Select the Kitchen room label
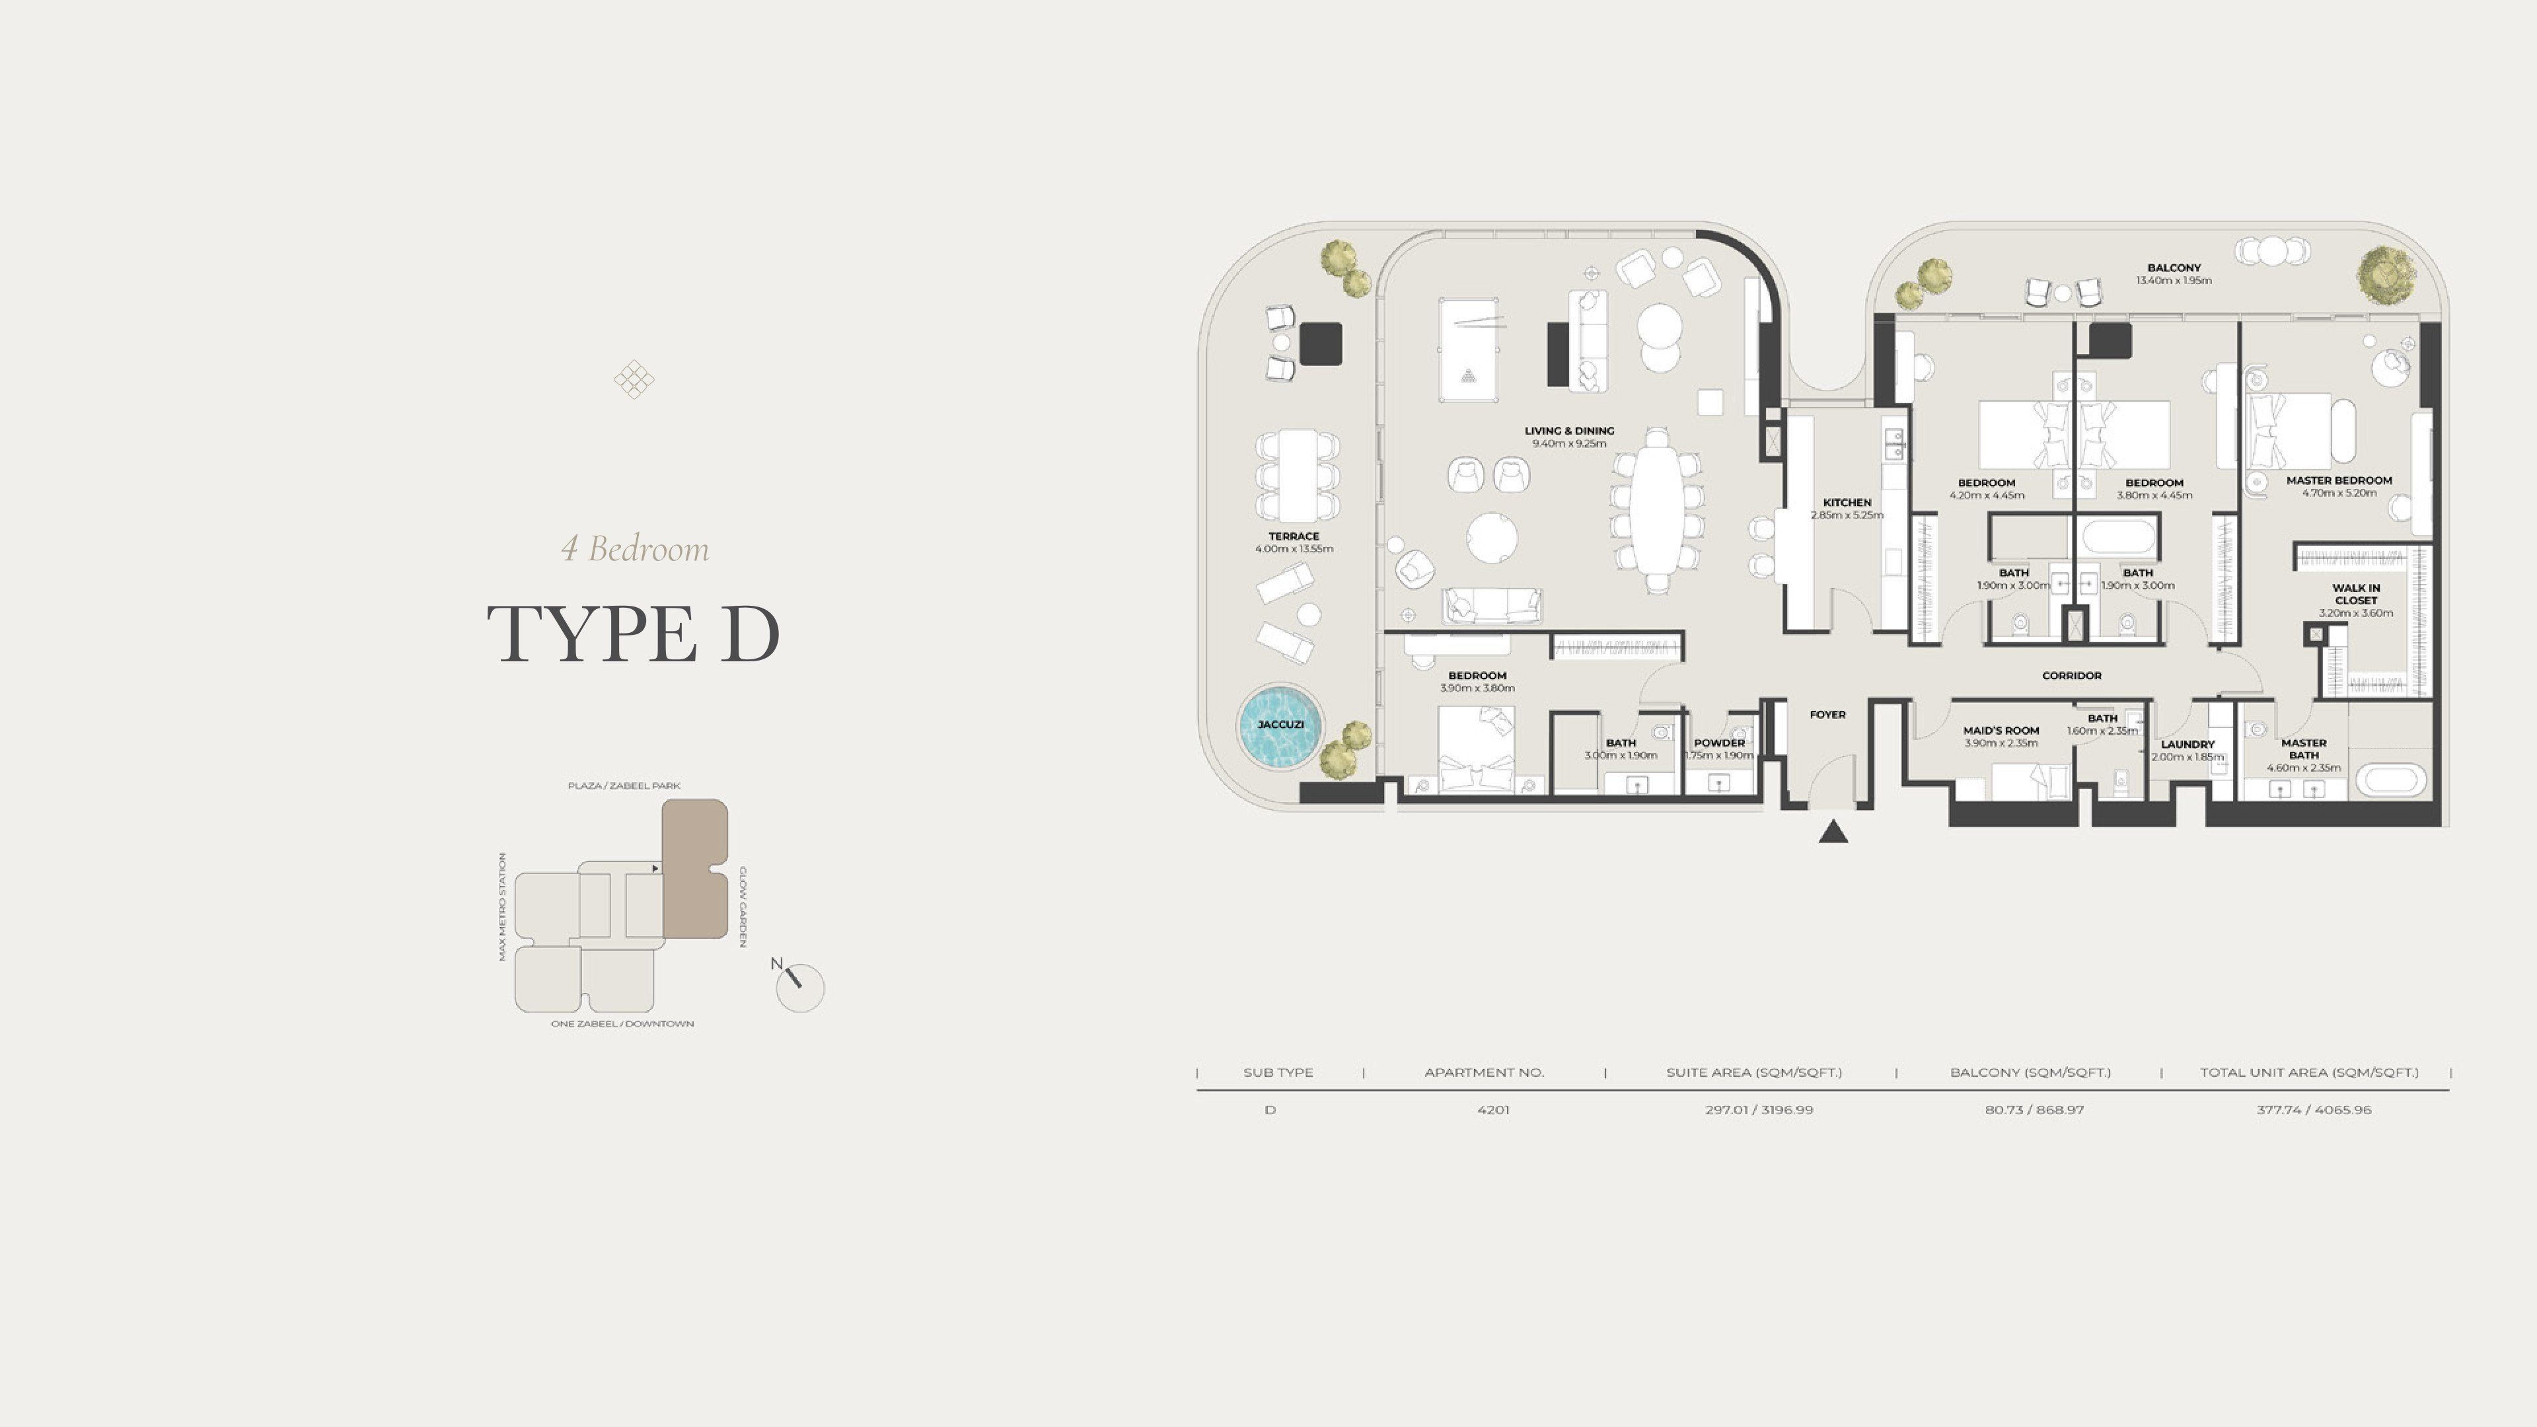(1847, 502)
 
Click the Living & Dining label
(1569, 430)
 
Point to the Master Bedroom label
(2339, 480)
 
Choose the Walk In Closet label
(2356, 594)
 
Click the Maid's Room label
(2001, 731)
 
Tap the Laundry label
(2188, 745)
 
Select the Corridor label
(2071, 676)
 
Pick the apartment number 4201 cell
(1493, 1110)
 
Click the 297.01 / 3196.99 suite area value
(1759, 1110)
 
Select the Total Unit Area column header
(2310, 1072)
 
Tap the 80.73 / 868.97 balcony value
(2034, 1110)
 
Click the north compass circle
(799, 988)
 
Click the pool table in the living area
(1469, 349)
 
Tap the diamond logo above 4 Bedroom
(634, 379)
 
